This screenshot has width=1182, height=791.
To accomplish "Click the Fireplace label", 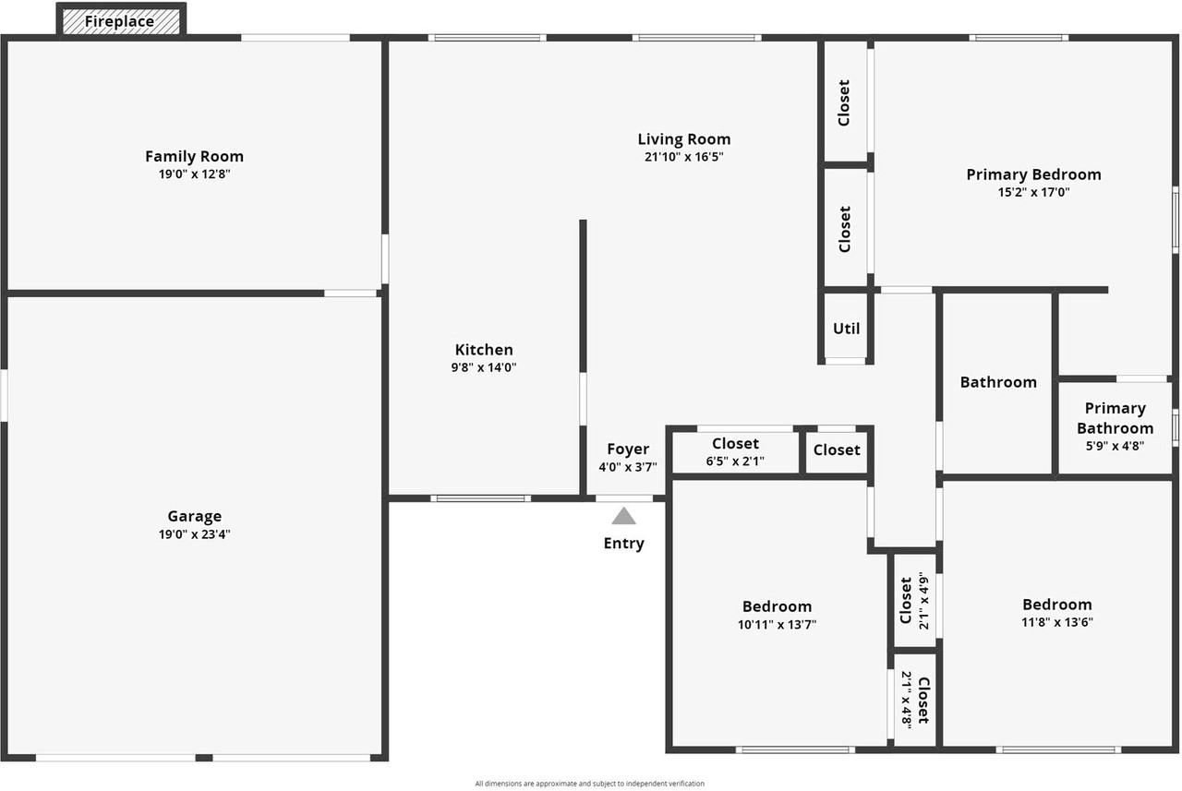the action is point(119,21).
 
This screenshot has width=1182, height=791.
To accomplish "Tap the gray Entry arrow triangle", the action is point(623,516).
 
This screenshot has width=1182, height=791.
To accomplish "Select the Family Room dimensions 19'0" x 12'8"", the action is point(194,174).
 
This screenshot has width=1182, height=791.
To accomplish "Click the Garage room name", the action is point(194,516).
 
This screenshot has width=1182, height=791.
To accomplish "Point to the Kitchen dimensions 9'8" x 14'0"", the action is point(484,367).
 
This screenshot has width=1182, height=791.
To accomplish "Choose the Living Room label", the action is point(684,139).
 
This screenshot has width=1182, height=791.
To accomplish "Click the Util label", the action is point(847,329).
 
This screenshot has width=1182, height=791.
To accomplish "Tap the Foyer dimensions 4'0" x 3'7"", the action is point(628,467).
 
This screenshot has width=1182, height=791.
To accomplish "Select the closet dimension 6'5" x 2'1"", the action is point(735,461).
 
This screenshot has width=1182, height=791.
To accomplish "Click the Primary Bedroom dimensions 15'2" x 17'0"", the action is point(1033,192).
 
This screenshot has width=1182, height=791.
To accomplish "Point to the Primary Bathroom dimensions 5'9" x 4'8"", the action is point(1115,446).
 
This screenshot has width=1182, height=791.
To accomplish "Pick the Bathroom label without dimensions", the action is point(998,382).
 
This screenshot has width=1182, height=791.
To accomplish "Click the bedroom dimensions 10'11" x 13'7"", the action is point(777,625).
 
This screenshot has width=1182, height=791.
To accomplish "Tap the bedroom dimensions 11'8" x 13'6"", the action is point(1057,622).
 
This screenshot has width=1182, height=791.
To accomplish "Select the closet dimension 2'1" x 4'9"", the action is point(923,601).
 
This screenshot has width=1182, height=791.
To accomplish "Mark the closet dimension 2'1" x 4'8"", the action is point(907,701).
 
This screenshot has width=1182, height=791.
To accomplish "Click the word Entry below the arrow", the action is point(623,543).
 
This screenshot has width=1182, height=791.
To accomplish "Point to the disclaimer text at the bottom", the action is point(589,784).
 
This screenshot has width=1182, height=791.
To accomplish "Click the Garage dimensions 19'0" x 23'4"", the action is point(194,534).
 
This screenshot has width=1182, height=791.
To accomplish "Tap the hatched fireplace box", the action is point(121,20).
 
